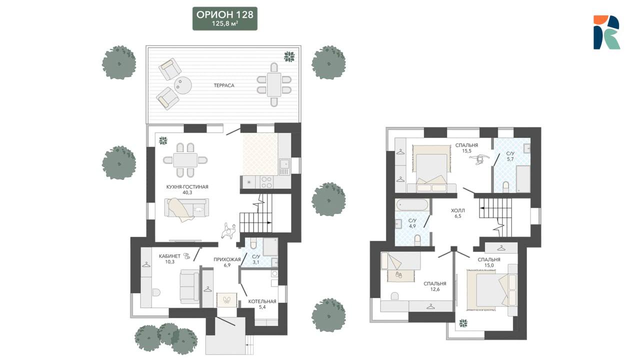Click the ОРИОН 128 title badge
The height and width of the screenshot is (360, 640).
(225, 18)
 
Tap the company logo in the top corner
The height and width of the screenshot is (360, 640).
(606, 32)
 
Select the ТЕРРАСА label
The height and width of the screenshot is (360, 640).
(224, 85)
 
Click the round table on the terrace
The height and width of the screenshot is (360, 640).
(183, 85)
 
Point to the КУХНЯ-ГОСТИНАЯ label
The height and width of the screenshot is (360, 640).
(187, 187)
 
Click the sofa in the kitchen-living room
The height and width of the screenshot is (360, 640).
(186, 207)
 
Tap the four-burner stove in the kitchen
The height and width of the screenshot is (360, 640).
(266, 182)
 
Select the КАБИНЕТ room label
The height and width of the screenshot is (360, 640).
(169, 256)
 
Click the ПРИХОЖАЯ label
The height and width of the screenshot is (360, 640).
(227, 259)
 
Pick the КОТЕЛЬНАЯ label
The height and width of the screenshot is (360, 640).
(262, 301)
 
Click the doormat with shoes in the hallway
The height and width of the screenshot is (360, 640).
(226, 299)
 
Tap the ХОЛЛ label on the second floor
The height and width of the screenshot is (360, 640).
(457, 210)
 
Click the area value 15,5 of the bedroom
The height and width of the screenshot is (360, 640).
(466, 151)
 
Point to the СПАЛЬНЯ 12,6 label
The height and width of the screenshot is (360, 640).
(435, 286)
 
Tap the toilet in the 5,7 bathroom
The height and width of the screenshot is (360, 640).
(505, 186)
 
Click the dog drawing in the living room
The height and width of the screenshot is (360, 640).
(228, 231)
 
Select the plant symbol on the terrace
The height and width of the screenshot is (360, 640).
(289, 56)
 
